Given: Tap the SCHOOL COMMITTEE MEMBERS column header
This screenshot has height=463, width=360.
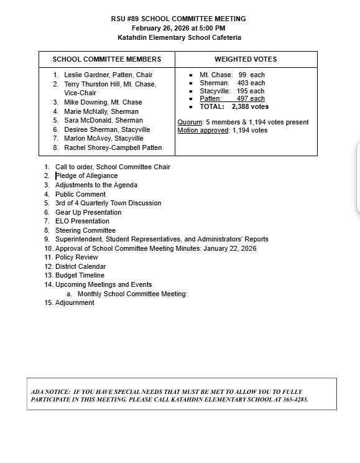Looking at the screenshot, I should point(107,59).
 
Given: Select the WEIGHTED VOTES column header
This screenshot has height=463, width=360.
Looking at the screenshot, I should point(246,59).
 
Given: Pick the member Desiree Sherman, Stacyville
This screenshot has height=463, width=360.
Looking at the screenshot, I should point(107,129).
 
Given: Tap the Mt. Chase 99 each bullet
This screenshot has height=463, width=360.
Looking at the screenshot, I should point(232,75).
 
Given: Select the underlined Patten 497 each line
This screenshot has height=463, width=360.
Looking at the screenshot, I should point(232,98).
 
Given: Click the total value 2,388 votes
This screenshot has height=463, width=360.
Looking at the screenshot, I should point(251,106).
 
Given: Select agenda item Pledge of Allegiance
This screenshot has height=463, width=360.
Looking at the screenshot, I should point(86,175).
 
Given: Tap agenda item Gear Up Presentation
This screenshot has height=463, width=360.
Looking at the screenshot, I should point(88,212).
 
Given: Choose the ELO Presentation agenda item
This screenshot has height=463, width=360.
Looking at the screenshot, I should point(82,221).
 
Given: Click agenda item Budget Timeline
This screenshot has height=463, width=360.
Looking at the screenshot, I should point(80,275).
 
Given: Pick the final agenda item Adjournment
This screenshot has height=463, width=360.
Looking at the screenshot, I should point(75,302).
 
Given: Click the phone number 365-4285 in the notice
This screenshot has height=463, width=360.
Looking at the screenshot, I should point(295,400).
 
